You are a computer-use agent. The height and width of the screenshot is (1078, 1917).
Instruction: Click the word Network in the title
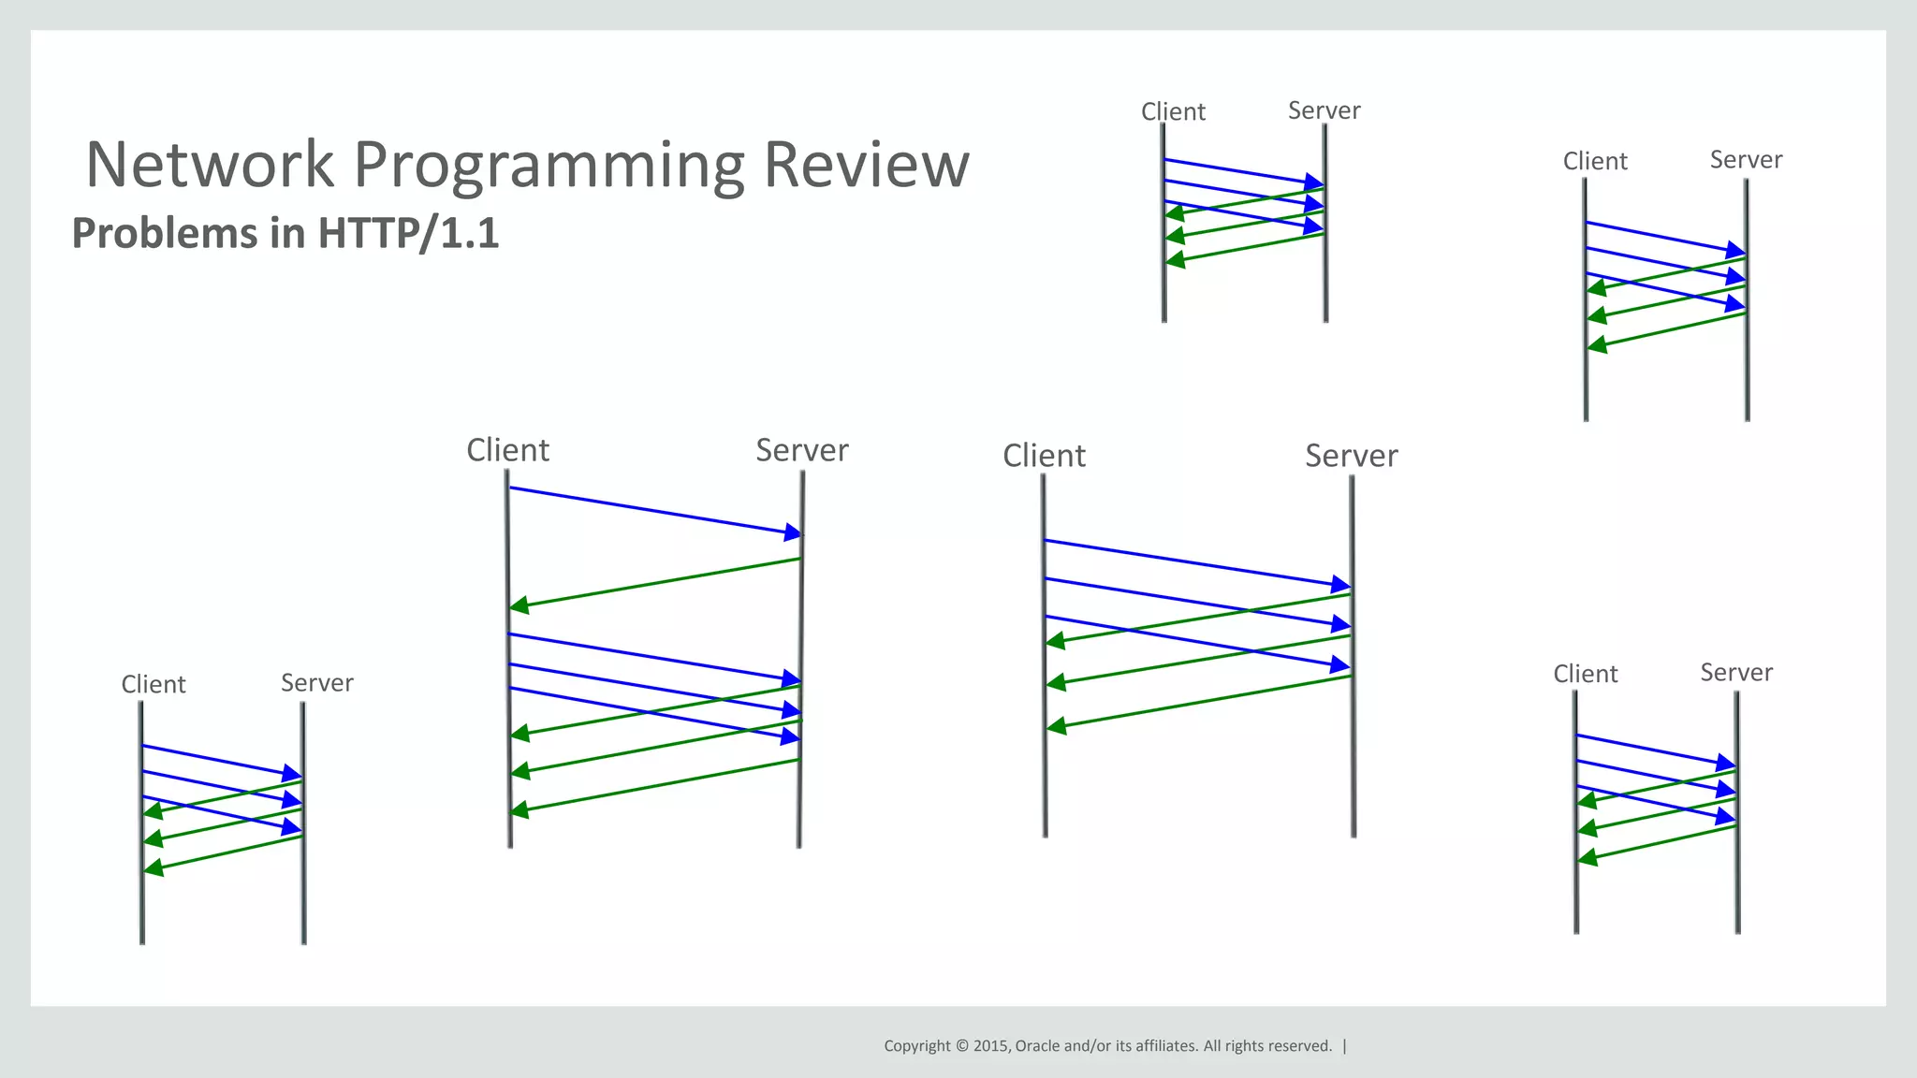(x=210, y=165)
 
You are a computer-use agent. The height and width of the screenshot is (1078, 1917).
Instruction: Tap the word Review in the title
(x=866, y=165)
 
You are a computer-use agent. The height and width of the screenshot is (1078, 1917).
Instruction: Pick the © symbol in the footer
(x=961, y=1046)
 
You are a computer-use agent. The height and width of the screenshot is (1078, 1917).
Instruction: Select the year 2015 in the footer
(x=990, y=1046)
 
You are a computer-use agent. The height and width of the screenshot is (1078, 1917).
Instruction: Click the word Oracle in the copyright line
(x=1037, y=1046)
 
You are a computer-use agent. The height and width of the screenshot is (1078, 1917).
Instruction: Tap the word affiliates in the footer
(x=1166, y=1046)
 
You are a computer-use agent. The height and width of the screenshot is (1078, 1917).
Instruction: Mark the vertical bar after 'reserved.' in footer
(x=1345, y=1046)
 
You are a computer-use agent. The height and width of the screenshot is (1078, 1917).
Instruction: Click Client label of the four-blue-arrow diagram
(x=507, y=450)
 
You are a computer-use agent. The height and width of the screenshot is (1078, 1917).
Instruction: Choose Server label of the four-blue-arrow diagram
(x=801, y=450)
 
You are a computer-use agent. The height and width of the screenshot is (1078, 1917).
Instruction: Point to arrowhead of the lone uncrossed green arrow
(x=519, y=606)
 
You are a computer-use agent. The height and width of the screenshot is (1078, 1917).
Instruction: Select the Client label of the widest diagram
(x=1044, y=456)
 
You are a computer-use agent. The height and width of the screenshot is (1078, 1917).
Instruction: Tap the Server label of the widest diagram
(x=1351, y=456)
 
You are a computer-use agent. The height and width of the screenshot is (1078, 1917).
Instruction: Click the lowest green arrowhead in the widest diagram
(x=1056, y=726)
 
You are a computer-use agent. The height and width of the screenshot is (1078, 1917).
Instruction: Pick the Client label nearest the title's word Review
(x=1173, y=112)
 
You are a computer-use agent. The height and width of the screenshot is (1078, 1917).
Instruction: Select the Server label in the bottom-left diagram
(x=316, y=683)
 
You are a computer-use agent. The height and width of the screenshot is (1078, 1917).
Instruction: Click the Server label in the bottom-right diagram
(x=1735, y=673)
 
